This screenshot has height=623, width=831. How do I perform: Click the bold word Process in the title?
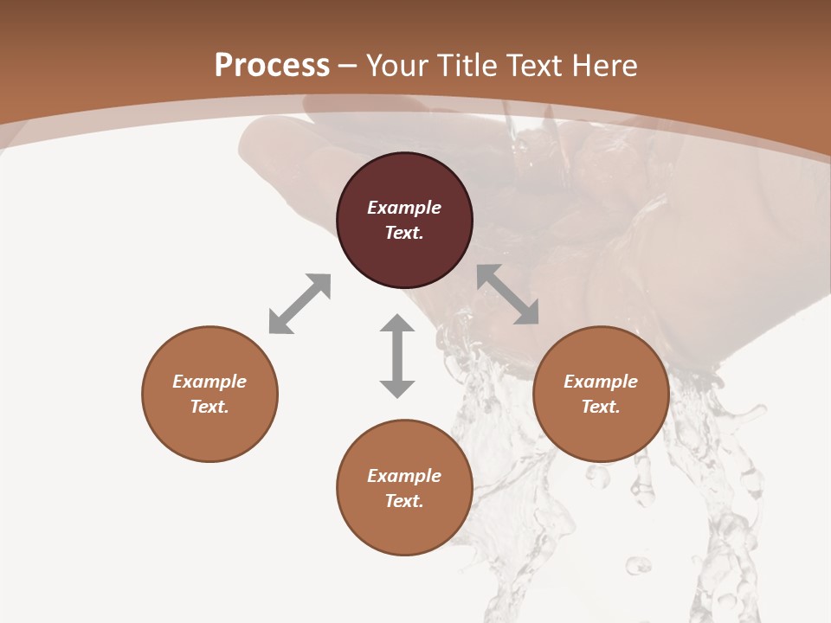tap(272, 66)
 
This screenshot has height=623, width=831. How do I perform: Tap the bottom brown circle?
tap(404, 528)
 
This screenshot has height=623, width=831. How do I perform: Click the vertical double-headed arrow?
tap(397, 356)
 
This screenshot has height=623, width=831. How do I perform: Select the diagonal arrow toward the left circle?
tap(300, 304)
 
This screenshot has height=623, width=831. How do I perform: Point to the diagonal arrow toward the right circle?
tap(508, 294)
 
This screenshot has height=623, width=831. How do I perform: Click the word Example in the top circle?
tap(404, 208)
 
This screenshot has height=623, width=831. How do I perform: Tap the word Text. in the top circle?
tap(404, 233)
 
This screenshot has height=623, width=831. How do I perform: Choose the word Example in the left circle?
tap(209, 382)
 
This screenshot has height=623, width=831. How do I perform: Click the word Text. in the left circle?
tap(209, 407)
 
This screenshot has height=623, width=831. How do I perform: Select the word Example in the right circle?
tap(601, 382)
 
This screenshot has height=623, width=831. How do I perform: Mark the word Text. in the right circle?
tap(601, 407)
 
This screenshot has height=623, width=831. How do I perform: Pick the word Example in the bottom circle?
tap(404, 476)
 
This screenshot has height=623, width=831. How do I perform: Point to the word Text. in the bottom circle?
tap(404, 501)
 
